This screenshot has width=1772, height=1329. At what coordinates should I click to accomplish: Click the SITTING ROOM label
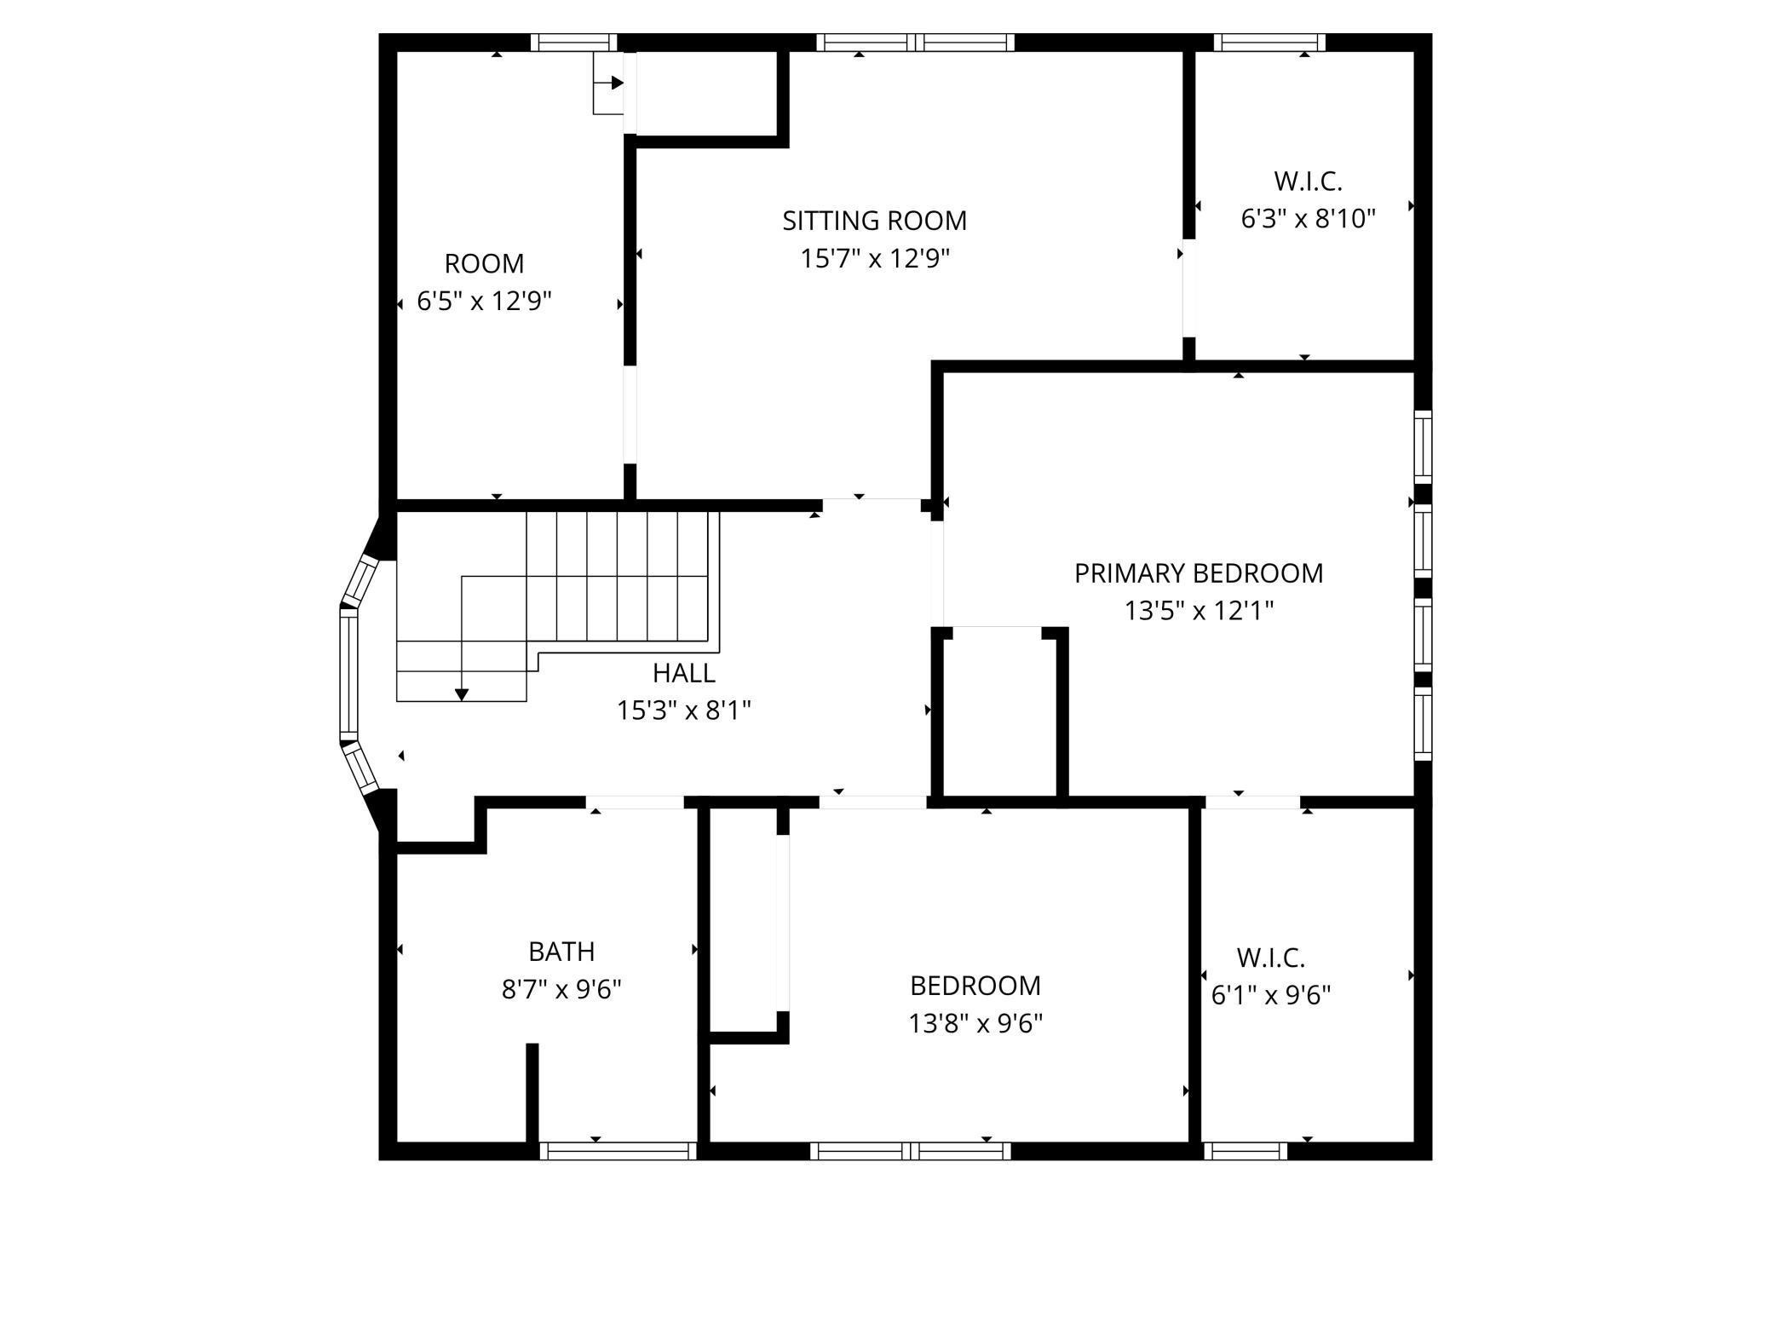tap(874, 221)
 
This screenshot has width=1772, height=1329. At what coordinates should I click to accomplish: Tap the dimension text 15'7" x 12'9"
tap(874, 258)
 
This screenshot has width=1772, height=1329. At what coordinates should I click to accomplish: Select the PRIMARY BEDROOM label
tap(1198, 573)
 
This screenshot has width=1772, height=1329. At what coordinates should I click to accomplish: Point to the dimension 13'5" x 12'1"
tap(1198, 611)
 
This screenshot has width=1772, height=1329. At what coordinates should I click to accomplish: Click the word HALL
tap(683, 673)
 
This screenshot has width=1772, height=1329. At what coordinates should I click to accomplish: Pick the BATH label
tap(561, 951)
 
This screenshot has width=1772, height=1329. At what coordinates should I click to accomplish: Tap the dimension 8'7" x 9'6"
tap(561, 989)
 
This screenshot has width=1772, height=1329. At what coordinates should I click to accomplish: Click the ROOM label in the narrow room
tap(484, 263)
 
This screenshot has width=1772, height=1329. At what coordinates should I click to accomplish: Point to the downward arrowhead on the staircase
tap(462, 694)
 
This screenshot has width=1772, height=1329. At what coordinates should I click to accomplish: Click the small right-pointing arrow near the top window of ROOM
tap(616, 83)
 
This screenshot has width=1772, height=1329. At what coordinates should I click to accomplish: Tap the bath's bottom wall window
tap(618, 1151)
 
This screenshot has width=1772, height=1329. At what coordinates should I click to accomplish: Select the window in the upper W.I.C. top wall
tap(1269, 42)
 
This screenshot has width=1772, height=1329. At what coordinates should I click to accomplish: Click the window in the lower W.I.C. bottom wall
tap(1245, 1151)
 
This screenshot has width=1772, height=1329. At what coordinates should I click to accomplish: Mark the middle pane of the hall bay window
tap(349, 673)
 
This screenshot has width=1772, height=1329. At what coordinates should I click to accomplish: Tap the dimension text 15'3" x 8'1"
tap(683, 711)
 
